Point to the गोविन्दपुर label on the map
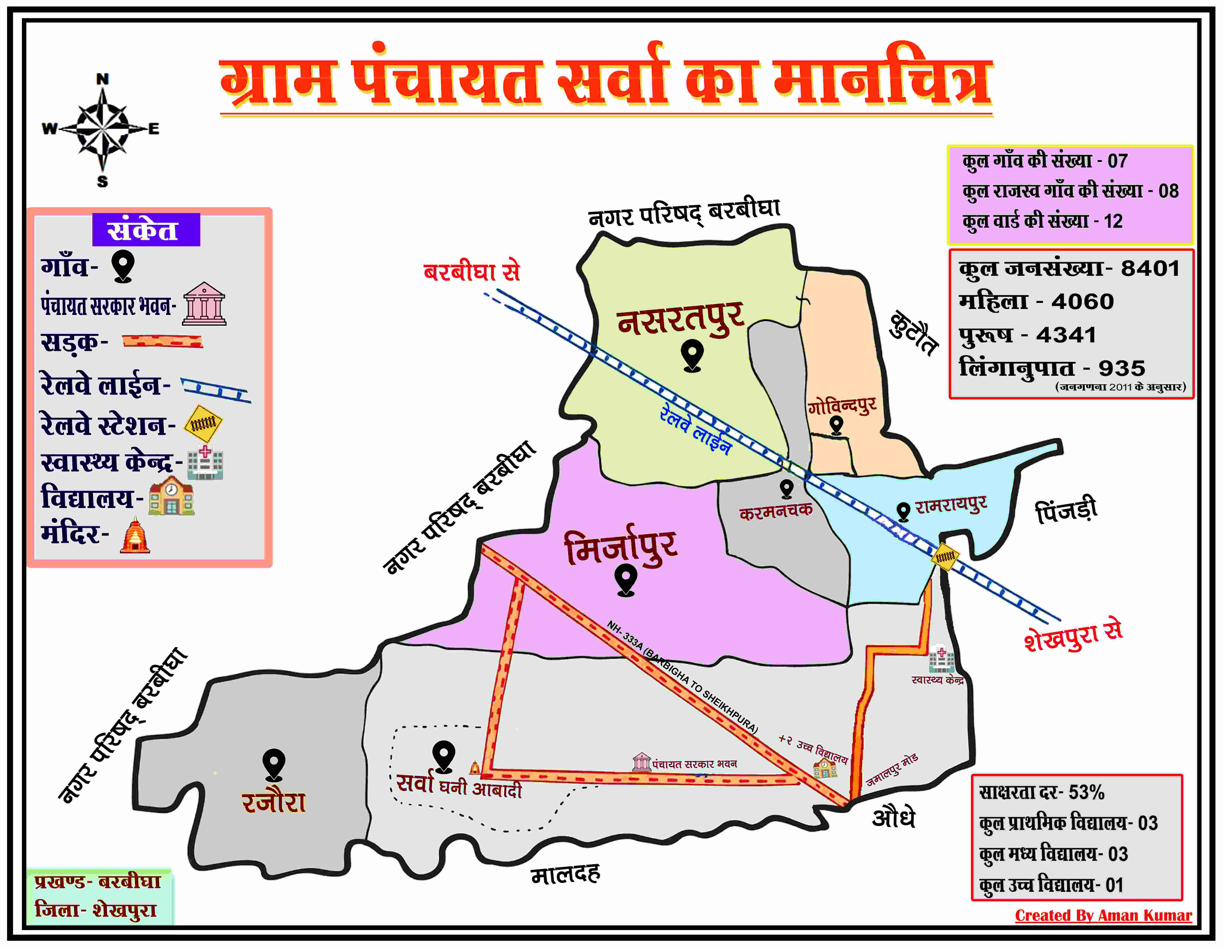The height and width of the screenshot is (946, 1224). pos(842,405)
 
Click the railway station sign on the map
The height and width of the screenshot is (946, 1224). pos(945,556)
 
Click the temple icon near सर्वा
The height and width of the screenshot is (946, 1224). pos(475,767)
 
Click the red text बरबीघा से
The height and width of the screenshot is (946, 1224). pos(472,272)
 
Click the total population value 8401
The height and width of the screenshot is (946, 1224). pos(1150,268)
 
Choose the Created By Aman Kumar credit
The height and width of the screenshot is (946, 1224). pos(1103,915)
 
